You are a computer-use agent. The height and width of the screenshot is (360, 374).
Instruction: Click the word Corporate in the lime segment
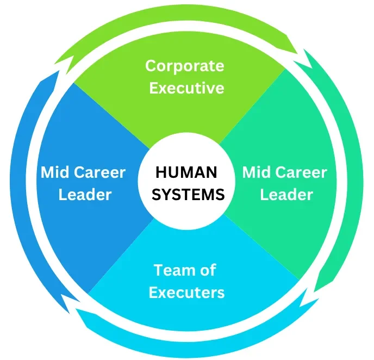(184, 66)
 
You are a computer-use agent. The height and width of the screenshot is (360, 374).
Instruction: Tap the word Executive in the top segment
(186, 88)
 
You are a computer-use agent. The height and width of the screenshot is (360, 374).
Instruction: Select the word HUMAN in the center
(186, 172)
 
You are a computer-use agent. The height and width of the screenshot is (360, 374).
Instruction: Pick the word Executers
(186, 292)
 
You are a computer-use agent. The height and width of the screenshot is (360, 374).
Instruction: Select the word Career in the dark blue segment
(101, 173)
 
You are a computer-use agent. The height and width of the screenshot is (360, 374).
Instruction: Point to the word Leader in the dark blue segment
(85, 194)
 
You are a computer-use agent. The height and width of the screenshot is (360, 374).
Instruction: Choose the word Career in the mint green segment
(301, 173)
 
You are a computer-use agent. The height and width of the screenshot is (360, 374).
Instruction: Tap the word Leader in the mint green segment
(286, 194)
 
